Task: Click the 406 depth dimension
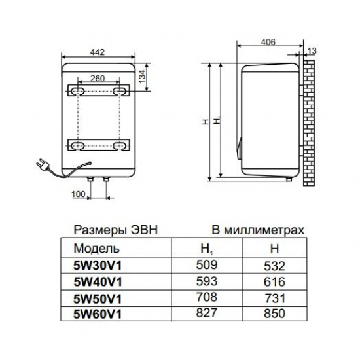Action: click(266, 41)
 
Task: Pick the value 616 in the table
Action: click(276, 283)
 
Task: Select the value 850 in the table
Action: click(276, 314)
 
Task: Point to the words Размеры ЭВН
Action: click(115, 231)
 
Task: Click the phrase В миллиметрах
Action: click(257, 231)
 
